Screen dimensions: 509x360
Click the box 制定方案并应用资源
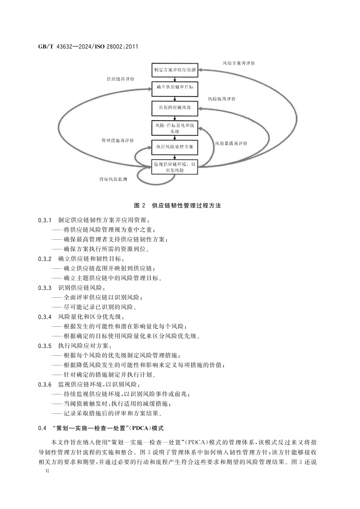pos(175,70)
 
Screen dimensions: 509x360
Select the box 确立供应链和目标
pos(175,87)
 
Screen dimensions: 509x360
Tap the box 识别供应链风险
pos(175,108)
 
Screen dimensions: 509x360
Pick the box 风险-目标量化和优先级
pos(175,128)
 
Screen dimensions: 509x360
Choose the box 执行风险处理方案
pos(175,147)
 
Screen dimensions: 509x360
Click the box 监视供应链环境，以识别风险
pos(175,167)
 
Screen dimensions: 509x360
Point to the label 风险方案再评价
pos(238,63)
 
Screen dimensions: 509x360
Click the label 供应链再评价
pos(120,79)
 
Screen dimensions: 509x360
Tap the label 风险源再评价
pos(222,99)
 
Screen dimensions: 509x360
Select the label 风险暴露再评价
pos(231,143)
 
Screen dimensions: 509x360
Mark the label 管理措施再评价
pos(118,141)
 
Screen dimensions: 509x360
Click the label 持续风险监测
pos(113,179)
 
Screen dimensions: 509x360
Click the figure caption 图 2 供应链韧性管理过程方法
pos(177,206)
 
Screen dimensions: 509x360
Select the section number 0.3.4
pos(45,317)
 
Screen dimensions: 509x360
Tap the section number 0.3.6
pos(45,385)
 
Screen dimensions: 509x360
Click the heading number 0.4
pos(42,428)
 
